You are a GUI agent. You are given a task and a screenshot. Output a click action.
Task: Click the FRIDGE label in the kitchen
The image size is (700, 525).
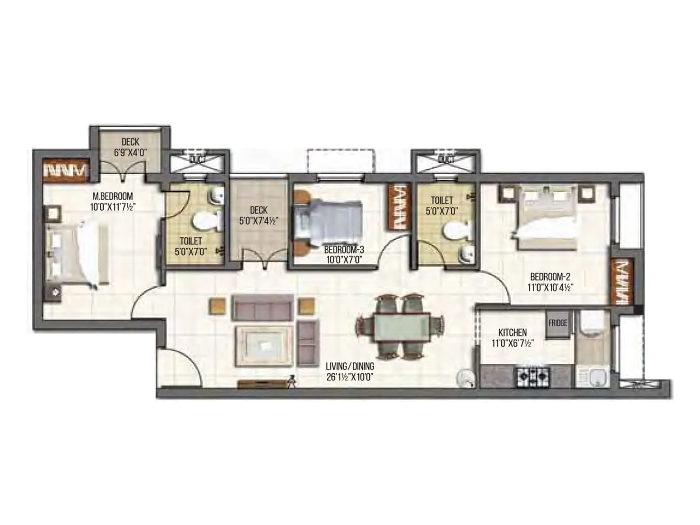pos(557,323)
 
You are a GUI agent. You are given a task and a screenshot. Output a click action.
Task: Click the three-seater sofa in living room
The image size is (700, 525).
pos(262,307)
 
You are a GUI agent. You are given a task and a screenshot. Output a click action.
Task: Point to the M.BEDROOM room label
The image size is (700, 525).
pos(112,196)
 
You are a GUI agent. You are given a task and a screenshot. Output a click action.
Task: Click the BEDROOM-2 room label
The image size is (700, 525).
pos(550,277)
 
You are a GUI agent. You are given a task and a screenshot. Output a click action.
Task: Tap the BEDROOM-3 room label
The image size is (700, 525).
pos(344,250)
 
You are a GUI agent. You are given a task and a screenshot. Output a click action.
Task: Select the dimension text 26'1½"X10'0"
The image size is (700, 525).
pos(350,377)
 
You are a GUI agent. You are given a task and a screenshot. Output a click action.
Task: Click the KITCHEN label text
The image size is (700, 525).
pos(512,332)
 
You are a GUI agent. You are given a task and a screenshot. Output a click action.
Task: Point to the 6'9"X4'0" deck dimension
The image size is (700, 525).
pos(130,152)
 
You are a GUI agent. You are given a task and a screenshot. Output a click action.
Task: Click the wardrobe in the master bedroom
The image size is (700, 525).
pos(66,170)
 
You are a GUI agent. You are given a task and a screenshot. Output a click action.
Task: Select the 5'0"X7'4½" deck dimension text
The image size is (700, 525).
pos(258,221)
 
